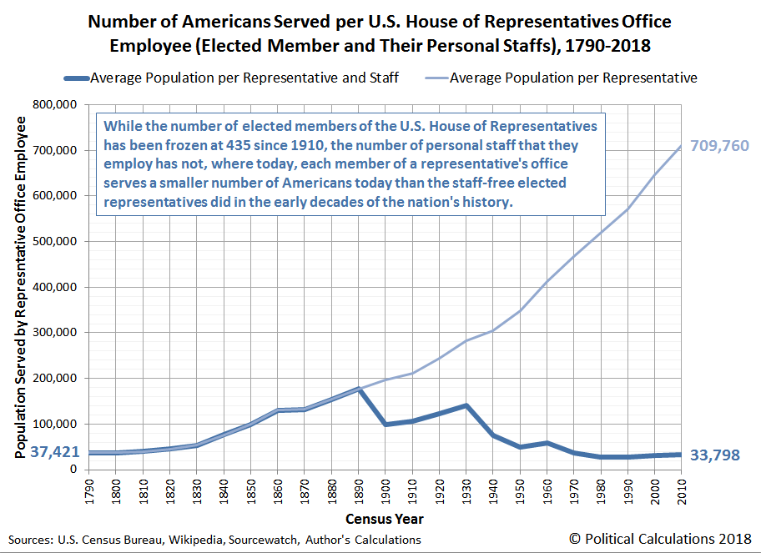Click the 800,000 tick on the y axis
55,105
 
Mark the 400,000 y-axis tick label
55,287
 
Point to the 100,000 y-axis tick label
55,424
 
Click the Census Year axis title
386,519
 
